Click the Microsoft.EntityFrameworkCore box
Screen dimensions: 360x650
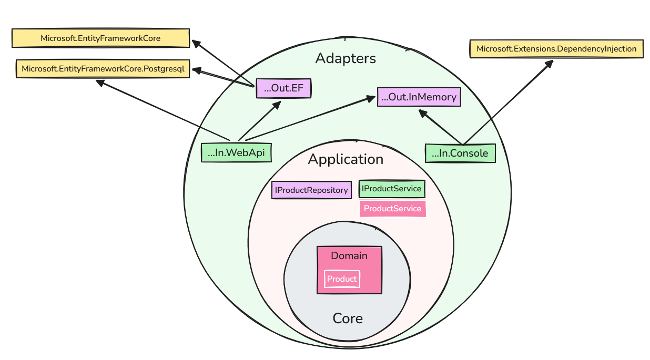tap(100, 38)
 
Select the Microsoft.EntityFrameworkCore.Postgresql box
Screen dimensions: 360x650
tap(103, 69)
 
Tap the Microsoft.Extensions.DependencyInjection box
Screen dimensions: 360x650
tap(556, 49)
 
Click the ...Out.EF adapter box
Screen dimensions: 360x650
tap(284, 88)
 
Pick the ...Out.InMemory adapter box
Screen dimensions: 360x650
tap(419, 97)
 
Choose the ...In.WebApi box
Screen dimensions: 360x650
tap(236, 153)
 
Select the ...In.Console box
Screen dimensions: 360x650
tap(460, 153)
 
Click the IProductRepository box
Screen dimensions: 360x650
tap(311, 190)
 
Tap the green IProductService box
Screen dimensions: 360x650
tap(391, 189)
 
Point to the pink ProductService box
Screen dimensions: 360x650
tap(392, 209)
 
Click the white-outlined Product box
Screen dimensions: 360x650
tap(342, 279)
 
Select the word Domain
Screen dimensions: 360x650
tap(349, 256)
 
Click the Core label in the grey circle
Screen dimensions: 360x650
tap(348, 318)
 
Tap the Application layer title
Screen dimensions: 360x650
tap(346, 159)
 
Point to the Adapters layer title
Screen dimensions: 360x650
tap(346, 58)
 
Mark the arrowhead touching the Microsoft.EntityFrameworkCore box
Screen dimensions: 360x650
tap(196, 43)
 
